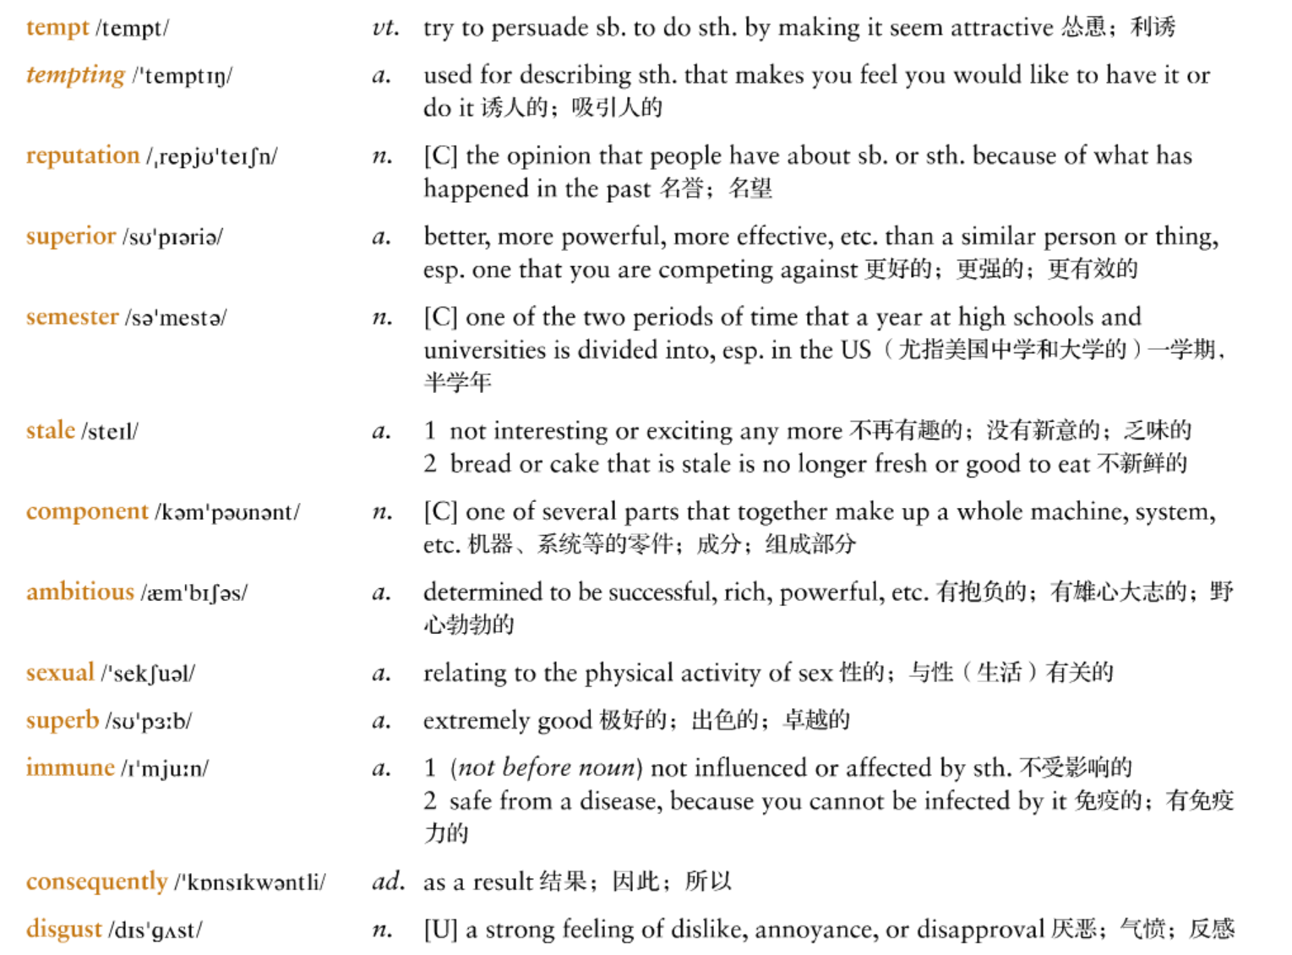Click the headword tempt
pyautogui.click(x=57, y=28)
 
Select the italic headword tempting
pyautogui.click(x=75, y=75)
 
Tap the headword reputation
pyautogui.click(x=83, y=156)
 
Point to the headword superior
pyautogui.click(x=71, y=237)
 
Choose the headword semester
pyautogui.click(x=73, y=318)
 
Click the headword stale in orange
pyautogui.click(x=51, y=431)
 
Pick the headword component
pyautogui.click(x=87, y=512)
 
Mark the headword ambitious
pyautogui.click(x=80, y=592)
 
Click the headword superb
pyautogui.click(x=63, y=721)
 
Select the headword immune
pyautogui.click(x=70, y=768)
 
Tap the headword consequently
pyautogui.click(x=97, y=882)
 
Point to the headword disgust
pyautogui.click(x=64, y=930)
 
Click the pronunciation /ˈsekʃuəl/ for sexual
pyautogui.click(x=148, y=674)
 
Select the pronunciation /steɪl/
pyautogui.click(x=110, y=432)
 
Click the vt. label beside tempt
pyautogui.click(x=385, y=28)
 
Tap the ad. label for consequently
pyautogui.click(x=388, y=882)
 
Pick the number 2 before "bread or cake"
pyautogui.click(x=430, y=464)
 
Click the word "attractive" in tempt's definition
pyautogui.click(x=1002, y=28)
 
